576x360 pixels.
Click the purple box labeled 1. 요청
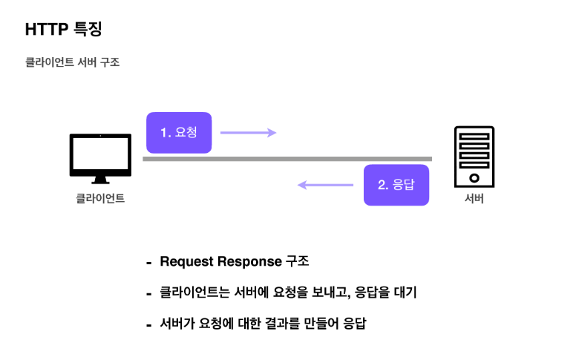click(x=179, y=133)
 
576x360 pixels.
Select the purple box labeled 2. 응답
click(x=396, y=185)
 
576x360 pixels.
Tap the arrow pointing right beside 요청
click(x=248, y=133)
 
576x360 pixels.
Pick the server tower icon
click(x=474, y=156)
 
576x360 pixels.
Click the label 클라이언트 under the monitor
click(x=100, y=199)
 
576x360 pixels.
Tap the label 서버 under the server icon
click(x=474, y=199)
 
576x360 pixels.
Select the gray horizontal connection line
click(x=287, y=159)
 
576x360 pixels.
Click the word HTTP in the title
click(x=47, y=30)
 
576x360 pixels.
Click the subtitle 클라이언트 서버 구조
click(x=72, y=63)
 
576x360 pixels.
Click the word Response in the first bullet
click(x=249, y=262)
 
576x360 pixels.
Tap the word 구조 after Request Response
click(x=297, y=262)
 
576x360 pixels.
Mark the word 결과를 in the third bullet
click(x=275, y=324)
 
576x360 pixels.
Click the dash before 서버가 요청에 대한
click(x=148, y=325)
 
